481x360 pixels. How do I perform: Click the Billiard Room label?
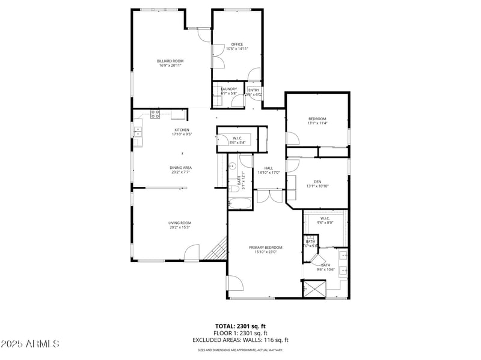pyautogui.click(x=170, y=61)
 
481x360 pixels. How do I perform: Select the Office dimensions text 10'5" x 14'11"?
pyautogui.click(x=237, y=49)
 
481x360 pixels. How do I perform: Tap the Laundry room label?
pyautogui.click(x=228, y=89)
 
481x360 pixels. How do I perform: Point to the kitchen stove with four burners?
pyautogui.click(x=155, y=113)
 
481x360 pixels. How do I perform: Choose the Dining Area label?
pyautogui.click(x=180, y=168)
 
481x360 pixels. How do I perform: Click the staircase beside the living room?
pyautogui.click(x=215, y=249)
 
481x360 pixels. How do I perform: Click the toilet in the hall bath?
pyautogui.click(x=233, y=189)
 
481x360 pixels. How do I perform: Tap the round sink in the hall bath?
pyautogui.click(x=232, y=166)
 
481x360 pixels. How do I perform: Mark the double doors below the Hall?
pyautogui.click(x=269, y=196)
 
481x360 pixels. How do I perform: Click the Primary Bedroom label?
pyautogui.click(x=266, y=247)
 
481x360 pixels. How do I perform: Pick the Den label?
pyautogui.click(x=317, y=182)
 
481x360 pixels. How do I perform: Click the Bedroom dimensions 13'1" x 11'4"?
pyautogui.click(x=317, y=123)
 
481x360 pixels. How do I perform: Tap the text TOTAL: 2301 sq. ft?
pyautogui.click(x=240, y=326)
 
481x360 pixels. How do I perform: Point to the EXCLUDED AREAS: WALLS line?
pyautogui.click(x=240, y=340)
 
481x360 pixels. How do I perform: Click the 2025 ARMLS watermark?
pyautogui.click(x=30, y=344)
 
